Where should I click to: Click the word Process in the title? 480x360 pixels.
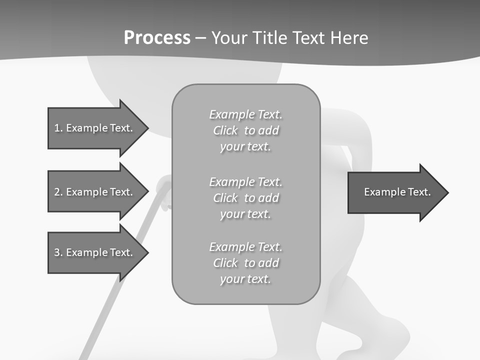[x=157, y=38]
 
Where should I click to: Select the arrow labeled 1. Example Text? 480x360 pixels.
[x=95, y=128]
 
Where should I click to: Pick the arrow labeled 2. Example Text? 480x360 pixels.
[x=95, y=192]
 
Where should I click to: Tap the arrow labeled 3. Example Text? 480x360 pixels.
[x=95, y=252]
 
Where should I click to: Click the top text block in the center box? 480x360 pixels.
[x=245, y=130]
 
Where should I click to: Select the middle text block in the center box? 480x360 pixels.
[x=245, y=198]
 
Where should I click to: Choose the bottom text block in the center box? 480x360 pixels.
[x=245, y=263]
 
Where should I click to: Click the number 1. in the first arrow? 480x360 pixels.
[x=58, y=128]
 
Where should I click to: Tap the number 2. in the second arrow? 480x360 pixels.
[x=58, y=192]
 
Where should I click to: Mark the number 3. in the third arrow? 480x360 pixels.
[x=58, y=252]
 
